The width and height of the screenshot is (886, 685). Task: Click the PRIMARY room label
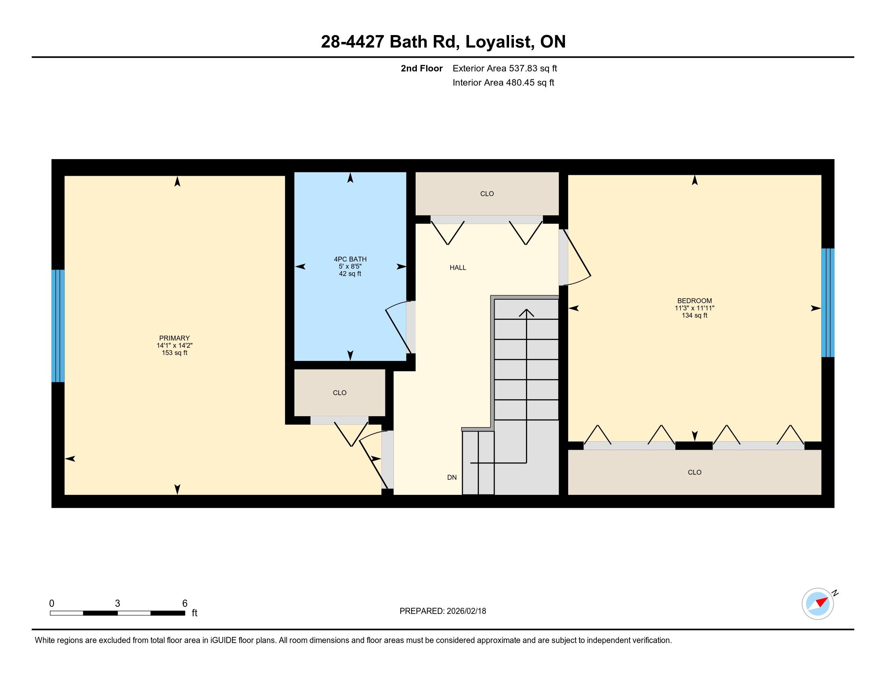(174, 338)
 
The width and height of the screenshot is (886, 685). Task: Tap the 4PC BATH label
(350, 259)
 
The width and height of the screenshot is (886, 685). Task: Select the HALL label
(457, 268)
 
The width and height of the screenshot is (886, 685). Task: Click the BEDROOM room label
(695, 301)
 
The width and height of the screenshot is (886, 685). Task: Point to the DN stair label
(452, 477)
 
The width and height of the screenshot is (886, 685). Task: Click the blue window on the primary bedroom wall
(58, 326)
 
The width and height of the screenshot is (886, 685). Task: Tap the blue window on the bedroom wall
(828, 303)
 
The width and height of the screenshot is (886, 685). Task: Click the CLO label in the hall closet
(487, 194)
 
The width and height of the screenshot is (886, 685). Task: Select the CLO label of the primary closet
(339, 393)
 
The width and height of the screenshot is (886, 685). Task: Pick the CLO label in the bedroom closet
(695, 472)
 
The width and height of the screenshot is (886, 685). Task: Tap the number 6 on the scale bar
(185, 604)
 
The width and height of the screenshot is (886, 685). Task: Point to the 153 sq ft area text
(174, 353)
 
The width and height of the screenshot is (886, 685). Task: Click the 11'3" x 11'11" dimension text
(695, 308)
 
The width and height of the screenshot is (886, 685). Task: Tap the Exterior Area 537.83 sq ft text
(505, 68)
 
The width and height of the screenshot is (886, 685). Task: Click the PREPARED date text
(443, 611)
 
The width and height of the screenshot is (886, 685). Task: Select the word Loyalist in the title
(499, 42)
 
